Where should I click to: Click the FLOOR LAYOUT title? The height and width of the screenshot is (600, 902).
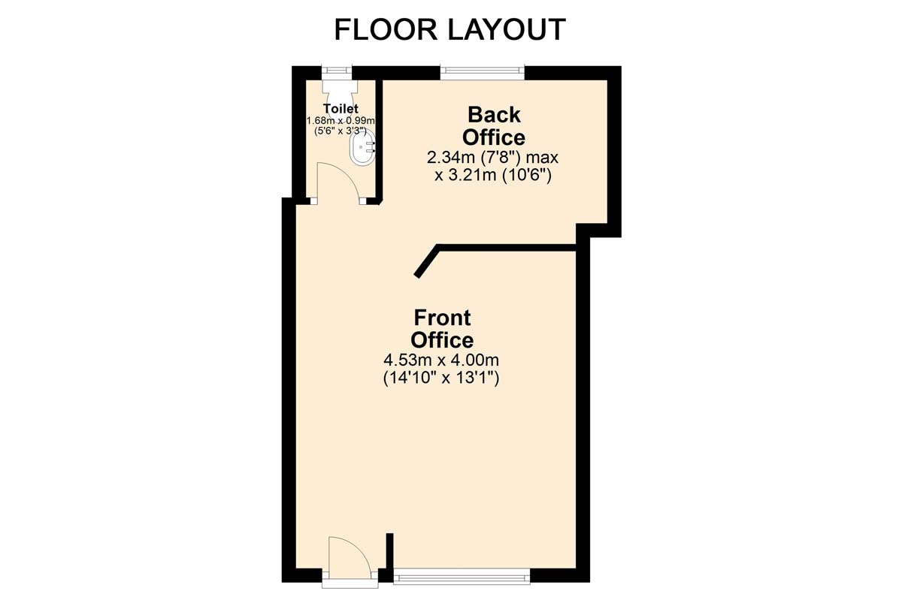tap(449, 29)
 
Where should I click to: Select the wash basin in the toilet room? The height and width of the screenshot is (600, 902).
tap(364, 148)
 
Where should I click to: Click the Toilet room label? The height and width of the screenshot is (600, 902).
tap(341, 109)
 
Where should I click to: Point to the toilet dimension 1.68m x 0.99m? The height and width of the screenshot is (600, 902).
tap(341, 120)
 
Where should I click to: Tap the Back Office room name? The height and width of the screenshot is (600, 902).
tap(494, 126)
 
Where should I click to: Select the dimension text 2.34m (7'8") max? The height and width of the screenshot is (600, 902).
tap(492, 158)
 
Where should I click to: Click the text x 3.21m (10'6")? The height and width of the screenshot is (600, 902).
tap(492, 176)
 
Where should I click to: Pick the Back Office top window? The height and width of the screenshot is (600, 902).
tap(483, 72)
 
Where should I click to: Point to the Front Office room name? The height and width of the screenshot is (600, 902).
tap(442, 329)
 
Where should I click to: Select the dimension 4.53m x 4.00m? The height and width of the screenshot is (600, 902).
tap(441, 360)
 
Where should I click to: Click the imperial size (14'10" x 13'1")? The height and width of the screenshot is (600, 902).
tap(441, 378)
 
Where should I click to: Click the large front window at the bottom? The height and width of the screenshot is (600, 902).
tap(462, 575)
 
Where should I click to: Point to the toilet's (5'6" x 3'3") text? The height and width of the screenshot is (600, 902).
tap(341, 131)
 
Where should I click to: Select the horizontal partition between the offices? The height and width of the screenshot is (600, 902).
tap(507, 248)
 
